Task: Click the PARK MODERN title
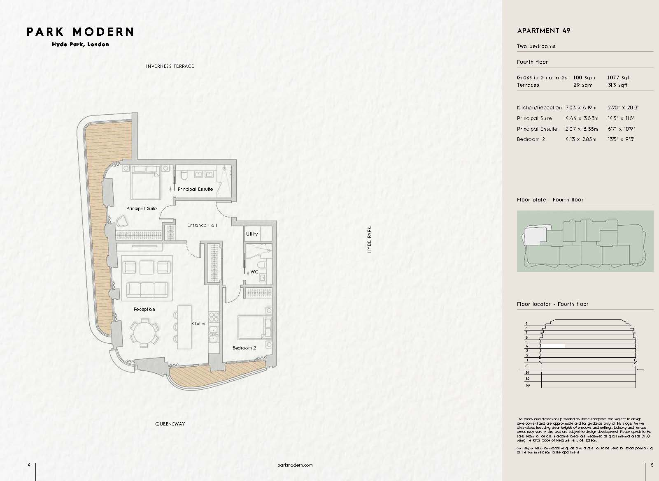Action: [80, 32]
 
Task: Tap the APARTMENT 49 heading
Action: [543, 31]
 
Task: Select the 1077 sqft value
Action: [619, 78]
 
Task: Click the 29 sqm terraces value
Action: [583, 85]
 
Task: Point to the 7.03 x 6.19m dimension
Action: [581, 108]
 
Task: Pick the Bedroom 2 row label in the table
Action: [531, 139]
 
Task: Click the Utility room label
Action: [252, 234]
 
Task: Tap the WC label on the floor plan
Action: [254, 272]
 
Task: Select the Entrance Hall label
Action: [202, 225]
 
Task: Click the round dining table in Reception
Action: [144, 332]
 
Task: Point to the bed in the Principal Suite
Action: [146, 184]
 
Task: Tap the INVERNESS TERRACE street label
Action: [170, 66]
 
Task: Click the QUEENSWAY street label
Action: [170, 424]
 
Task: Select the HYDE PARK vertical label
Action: [369, 239]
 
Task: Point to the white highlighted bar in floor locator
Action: [552, 347]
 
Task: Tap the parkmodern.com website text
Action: [295, 465]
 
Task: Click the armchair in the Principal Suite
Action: [121, 222]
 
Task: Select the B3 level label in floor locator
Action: [527, 385]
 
